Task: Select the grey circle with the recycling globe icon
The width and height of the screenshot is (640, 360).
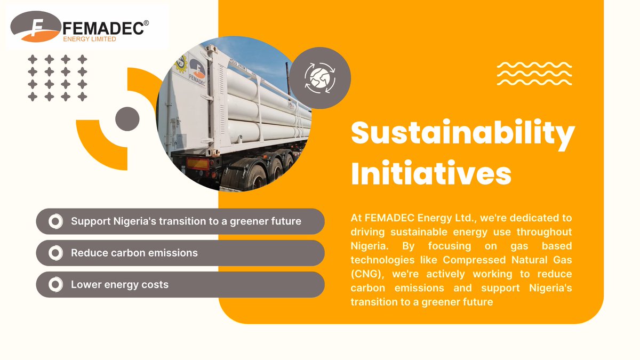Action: coord(321,78)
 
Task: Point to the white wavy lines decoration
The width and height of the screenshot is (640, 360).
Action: coord(534,74)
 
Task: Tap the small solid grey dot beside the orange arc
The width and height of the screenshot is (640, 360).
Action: coord(127,117)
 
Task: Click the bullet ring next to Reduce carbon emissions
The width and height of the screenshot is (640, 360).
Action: coord(55,253)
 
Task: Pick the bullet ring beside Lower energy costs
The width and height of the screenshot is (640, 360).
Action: coord(55,285)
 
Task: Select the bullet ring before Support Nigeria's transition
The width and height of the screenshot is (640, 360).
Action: coord(55,221)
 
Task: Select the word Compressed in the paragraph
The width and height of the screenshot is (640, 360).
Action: coord(470,260)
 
